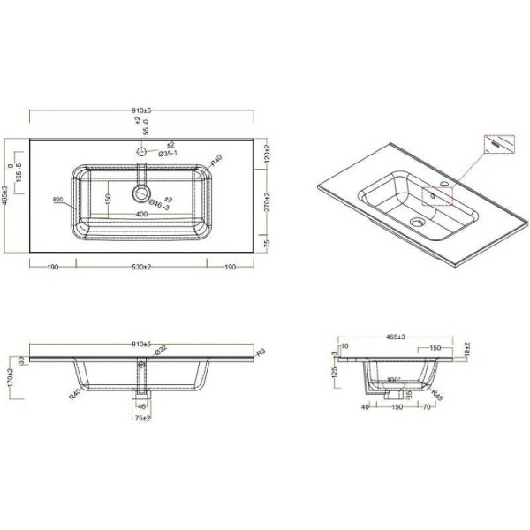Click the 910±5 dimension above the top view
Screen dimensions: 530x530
point(141,110)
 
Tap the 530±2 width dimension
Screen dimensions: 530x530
point(141,266)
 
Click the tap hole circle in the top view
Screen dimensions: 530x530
point(141,152)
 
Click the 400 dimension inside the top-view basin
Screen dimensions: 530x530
point(141,214)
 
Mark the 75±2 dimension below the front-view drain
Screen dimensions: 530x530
point(141,417)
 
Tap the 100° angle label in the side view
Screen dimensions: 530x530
point(392,380)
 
